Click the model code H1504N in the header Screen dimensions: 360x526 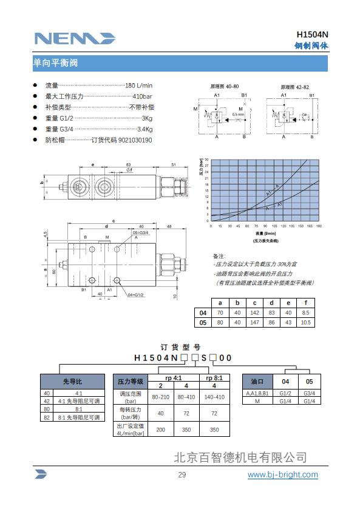(312, 35)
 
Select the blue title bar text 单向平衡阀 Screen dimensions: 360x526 (55, 62)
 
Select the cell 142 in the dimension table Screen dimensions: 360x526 (254, 312)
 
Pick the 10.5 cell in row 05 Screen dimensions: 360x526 (305, 322)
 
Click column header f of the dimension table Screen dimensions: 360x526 (305, 303)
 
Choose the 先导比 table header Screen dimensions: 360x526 (72, 382)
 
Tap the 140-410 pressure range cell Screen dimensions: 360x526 (214, 396)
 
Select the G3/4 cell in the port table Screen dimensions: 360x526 (309, 393)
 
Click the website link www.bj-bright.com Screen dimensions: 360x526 (282, 474)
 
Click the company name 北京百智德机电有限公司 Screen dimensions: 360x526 (240, 457)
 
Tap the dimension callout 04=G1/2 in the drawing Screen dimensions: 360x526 (135, 295)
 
